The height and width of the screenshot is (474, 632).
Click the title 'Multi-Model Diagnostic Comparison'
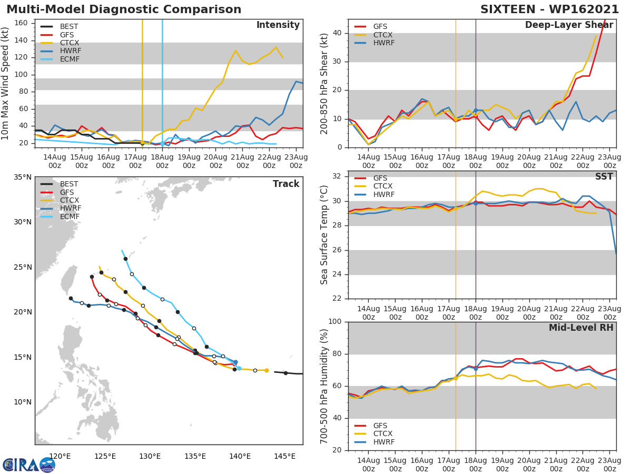124,9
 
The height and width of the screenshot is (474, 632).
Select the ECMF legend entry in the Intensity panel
70,60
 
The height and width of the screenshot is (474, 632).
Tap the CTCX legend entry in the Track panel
70,201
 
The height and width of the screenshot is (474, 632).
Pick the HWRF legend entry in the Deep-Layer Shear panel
383,43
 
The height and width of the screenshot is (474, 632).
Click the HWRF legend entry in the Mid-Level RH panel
383,442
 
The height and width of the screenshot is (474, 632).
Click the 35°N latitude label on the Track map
23,177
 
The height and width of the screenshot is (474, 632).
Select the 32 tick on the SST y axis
337,176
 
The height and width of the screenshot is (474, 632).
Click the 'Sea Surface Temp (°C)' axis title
324,234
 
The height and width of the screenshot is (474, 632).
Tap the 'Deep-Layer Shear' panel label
569,26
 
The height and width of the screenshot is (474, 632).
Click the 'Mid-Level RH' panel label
581,328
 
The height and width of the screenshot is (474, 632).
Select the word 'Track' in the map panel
286,184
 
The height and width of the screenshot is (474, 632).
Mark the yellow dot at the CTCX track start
266,370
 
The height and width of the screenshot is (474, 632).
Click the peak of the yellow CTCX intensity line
275,47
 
